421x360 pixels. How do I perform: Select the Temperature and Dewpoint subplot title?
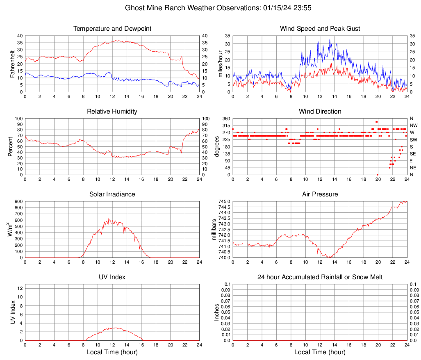pyautogui.click(x=112, y=29)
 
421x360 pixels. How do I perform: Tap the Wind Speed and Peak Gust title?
pyautogui.click(x=320, y=29)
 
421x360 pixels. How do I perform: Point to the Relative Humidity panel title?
pyautogui.click(x=112, y=112)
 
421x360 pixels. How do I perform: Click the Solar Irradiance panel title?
pyautogui.click(x=112, y=194)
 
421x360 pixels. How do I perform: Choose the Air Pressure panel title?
pyautogui.click(x=320, y=194)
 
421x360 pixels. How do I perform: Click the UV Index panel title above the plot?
pyautogui.click(x=112, y=277)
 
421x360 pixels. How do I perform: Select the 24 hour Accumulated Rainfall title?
pyautogui.click(x=320, y=277)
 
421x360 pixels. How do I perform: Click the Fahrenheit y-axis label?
pyautogui.click(x=12, y=64)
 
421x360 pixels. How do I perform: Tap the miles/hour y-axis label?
pyautogui.click(x=220, y=64)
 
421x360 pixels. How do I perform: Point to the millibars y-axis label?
pyautogui.click(x=214, y=229)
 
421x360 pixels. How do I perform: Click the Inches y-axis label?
pyautogui.click(x=217, y=312)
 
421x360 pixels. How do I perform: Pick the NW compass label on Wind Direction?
pyautogui.click(x=414, y=125)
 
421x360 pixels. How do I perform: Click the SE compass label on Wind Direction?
pyautogui.click(x=413, y=154)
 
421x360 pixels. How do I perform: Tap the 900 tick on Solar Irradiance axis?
pyautogui.click(x=18, y=201)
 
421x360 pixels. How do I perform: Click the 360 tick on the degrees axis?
pyautogui.click(x=225, y=118)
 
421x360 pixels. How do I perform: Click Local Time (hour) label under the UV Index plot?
pyautogui.click(x=112, y=352)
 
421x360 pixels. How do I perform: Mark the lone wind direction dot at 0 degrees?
pyautogui.click(x=378, y=175)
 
